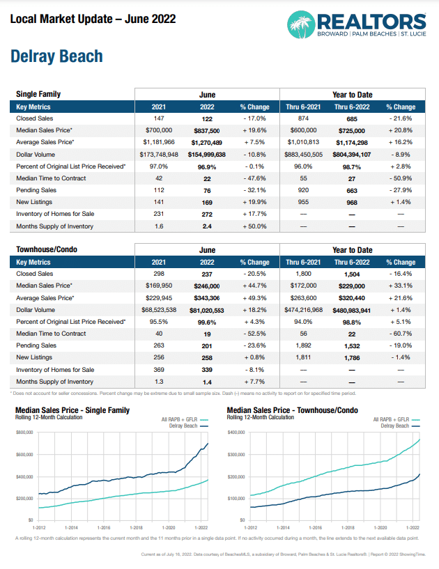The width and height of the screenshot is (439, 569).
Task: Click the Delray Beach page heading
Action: (x=56, y=56)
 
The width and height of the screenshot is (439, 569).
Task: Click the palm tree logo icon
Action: (x=302, y=24)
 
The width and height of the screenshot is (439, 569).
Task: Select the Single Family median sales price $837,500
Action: (x=207, y=130)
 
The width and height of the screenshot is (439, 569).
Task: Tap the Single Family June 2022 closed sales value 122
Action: (x=207, y=119)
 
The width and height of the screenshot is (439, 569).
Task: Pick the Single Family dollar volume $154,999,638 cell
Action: (x=207, y=153)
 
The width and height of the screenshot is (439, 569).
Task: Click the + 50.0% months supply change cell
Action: (x=254, y=226)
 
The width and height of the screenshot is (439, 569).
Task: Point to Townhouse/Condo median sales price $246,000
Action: (x=207, y=285)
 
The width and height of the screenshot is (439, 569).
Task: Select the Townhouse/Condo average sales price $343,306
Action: (x=207, y=297)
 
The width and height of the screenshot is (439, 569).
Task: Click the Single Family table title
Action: (x=38, y=94)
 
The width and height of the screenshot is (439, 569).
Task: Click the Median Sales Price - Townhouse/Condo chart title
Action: (x=293, y=410)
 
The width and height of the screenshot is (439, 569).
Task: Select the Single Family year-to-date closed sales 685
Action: (x=351, y=119)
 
